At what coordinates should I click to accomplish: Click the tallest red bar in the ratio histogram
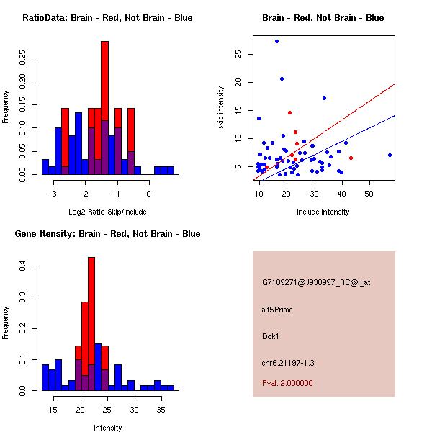(104, 108)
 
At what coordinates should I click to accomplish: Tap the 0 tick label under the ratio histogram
(149, 193)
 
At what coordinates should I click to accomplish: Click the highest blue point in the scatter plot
(276, 42)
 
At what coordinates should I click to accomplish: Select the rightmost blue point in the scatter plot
(390, 155)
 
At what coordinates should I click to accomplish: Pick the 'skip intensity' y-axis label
(222, 108)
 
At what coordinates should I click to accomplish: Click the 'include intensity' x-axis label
(324, 212)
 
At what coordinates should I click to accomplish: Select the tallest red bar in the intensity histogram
(91, 324)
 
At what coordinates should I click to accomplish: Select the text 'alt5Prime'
(277, 310)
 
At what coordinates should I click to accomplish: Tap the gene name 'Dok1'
(270, 336)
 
